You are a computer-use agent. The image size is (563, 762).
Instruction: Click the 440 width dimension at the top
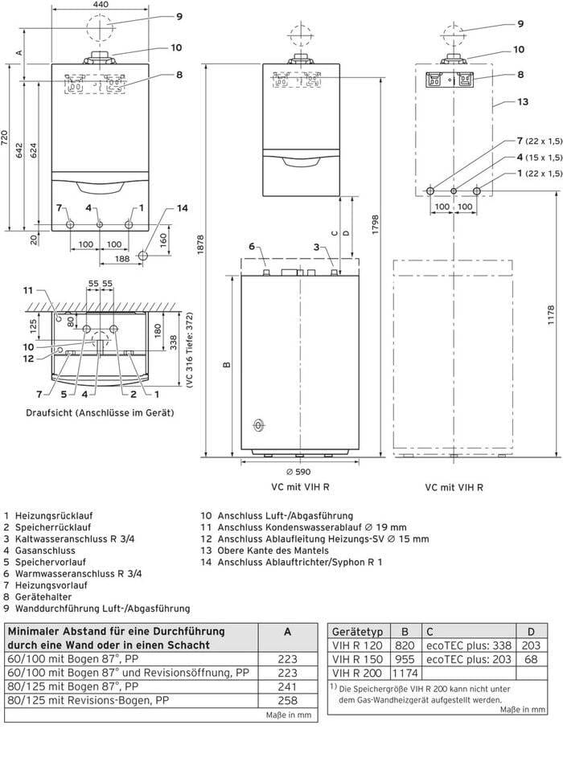click(101, 5)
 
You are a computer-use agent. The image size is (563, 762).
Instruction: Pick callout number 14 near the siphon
click(182, 208)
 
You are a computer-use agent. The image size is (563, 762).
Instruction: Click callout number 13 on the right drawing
click(523, 102)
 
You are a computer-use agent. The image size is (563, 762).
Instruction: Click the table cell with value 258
click(287, 701)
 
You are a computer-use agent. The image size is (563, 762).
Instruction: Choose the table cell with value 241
click(287, 686)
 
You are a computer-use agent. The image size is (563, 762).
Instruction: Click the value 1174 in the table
click(405, 673)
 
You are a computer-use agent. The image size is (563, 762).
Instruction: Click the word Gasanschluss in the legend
click(46, 551)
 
